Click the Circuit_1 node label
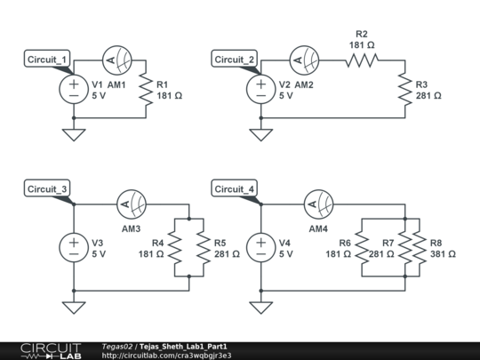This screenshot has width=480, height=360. point(49,60)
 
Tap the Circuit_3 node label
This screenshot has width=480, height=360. point(49,189)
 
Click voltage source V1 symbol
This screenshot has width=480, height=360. point(73,90)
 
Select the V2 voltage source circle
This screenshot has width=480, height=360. point(260,90)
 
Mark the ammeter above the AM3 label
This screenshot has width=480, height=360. point(132,204)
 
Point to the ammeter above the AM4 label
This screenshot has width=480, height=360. point(318,204)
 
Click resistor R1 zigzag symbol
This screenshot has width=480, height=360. point(147,90)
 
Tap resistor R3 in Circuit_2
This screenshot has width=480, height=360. point(404,90)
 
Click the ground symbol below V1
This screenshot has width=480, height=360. point(73,134)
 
